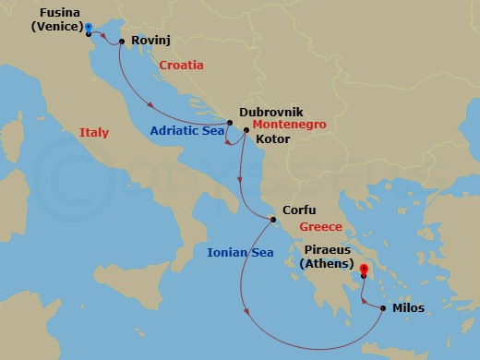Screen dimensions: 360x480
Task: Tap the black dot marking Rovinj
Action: tap(122, 41)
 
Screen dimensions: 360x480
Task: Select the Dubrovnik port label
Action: tap(270, 111)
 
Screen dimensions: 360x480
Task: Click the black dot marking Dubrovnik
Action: tap(230, 123)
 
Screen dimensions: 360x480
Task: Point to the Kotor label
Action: tap(272, 138)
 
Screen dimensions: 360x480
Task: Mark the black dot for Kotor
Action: tap(246, 131)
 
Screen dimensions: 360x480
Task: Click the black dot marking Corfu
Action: tap(273, 220)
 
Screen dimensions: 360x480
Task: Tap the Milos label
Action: tap(408, 308)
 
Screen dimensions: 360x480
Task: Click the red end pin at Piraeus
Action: tap(364, 270)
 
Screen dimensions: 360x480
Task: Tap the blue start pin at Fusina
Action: tap(88, 28)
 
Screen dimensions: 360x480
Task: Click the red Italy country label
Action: tap(94, 133)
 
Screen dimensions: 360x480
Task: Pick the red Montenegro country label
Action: tap(288, 125)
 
